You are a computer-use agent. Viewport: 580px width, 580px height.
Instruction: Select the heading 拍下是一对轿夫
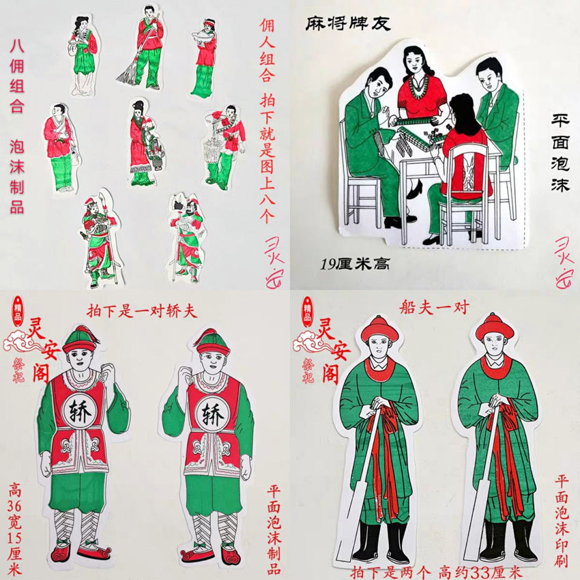click(x=142, y=310)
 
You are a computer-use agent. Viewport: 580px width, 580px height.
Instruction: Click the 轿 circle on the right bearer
click(x=207, y=414)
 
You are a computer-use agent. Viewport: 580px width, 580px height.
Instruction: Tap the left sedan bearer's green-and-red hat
click(x=80, y=338)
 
